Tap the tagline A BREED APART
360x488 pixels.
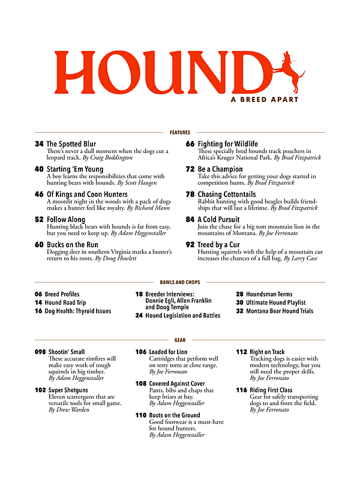pyautogui.click(x=264, y=100)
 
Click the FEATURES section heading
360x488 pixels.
pyautogui.click(x=179, y=132)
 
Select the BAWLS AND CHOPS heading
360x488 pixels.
pyautogui.click(x=179, y=282)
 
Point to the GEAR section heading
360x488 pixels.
pyautogui.click(x=179, y=340)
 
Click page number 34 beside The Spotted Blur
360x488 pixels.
pyautogui.click(x=39, y=144)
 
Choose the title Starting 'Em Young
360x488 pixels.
pyautogui.click(x=75, y=169)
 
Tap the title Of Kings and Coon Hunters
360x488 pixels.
pyautogui.click(x=87, y=194)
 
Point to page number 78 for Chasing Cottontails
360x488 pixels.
pyautogui.click(x=190, y=194)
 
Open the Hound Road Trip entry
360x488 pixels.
pyautogui.click(x=65, y=303)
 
